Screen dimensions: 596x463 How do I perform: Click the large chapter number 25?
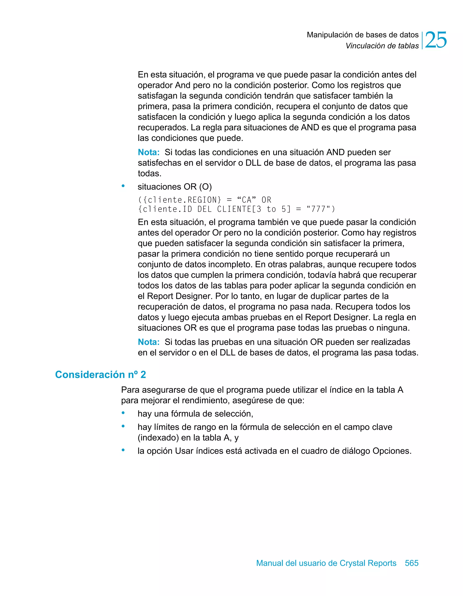click(x=436, y=40)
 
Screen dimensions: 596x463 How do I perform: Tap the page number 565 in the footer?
click(x=411, y=563)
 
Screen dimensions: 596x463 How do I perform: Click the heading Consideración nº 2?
click(x=100, y=374)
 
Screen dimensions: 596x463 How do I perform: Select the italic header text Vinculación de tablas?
click(x=382, y=46)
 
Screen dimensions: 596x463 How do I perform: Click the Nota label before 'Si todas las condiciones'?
click(x=149, y=152)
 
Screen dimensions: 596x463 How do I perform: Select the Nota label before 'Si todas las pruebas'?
click(x=149, y=342)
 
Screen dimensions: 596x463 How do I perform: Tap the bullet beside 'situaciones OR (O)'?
click(x=123, y=186)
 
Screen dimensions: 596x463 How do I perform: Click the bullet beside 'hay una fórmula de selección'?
click(x=123, y=413)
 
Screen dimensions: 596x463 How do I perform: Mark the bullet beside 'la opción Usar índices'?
click(x=123, y=450)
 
